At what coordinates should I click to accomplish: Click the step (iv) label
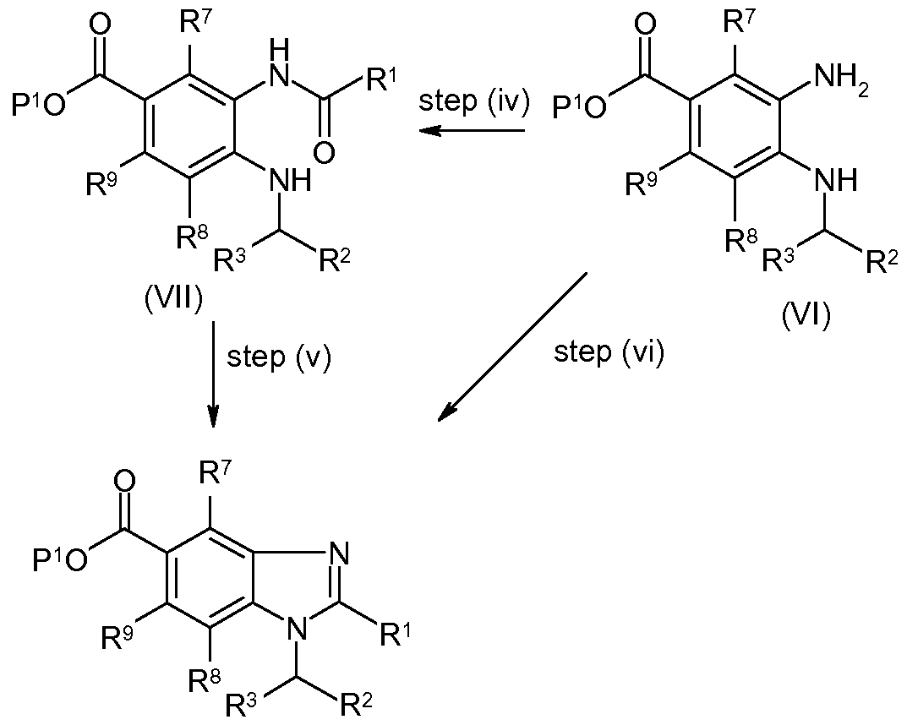[x=473, y=102]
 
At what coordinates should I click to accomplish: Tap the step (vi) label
[x=609, y=352]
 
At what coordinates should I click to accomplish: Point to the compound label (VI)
[x=806, y=316]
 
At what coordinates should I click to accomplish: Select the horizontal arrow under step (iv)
[x=472, y=131]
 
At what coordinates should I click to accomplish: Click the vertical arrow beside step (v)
[x=214, y=374]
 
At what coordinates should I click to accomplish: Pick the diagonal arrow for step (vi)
[x=512, y=346]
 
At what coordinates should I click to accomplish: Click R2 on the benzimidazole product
[x=354, y=703]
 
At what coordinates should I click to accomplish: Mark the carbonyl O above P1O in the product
[x=123, y=481]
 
